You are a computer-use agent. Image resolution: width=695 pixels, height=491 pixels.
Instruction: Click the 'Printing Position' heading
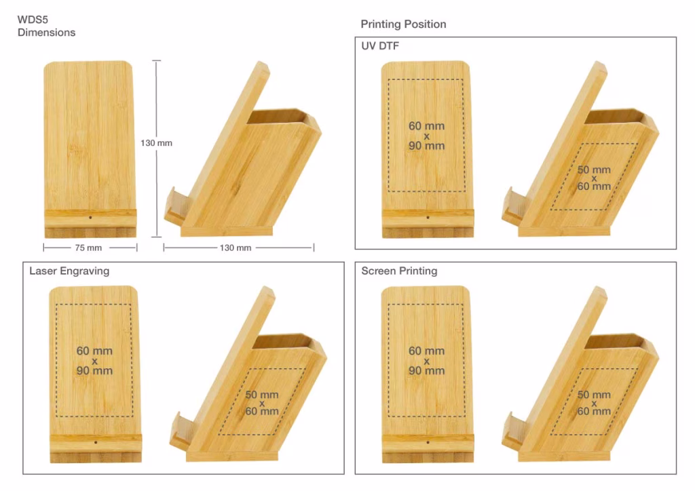(403, 24)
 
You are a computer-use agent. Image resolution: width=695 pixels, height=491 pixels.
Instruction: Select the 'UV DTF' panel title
(379, 46)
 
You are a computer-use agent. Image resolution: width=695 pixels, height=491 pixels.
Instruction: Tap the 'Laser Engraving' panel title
(69, 271)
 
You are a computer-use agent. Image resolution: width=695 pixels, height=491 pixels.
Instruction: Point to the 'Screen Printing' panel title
(399, 271)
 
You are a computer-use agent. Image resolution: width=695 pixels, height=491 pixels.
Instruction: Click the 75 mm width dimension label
(89, 248)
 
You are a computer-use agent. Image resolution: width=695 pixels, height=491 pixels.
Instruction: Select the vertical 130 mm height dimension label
(156, 143)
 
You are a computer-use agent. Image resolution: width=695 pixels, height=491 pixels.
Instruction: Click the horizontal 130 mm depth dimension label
(235, 248)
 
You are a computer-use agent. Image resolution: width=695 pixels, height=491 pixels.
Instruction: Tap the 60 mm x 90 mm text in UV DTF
(426, 136)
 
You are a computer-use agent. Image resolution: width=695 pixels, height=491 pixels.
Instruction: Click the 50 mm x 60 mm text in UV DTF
(593, 178)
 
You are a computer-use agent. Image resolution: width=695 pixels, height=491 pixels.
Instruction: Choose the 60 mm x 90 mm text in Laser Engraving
(94, 361)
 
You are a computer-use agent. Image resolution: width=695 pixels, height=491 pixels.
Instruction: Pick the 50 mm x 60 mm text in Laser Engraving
(261, 403)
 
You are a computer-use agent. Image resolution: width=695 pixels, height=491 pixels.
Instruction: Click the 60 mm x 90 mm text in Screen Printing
(426, 361)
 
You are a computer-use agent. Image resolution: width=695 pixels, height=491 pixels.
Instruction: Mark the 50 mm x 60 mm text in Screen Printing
(593, 403)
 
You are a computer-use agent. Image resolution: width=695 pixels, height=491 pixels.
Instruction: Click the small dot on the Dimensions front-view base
(90, 218)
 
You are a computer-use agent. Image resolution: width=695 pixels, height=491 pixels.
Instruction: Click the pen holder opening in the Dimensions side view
(280, 117)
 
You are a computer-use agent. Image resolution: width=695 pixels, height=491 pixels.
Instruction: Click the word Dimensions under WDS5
(46, 32)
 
